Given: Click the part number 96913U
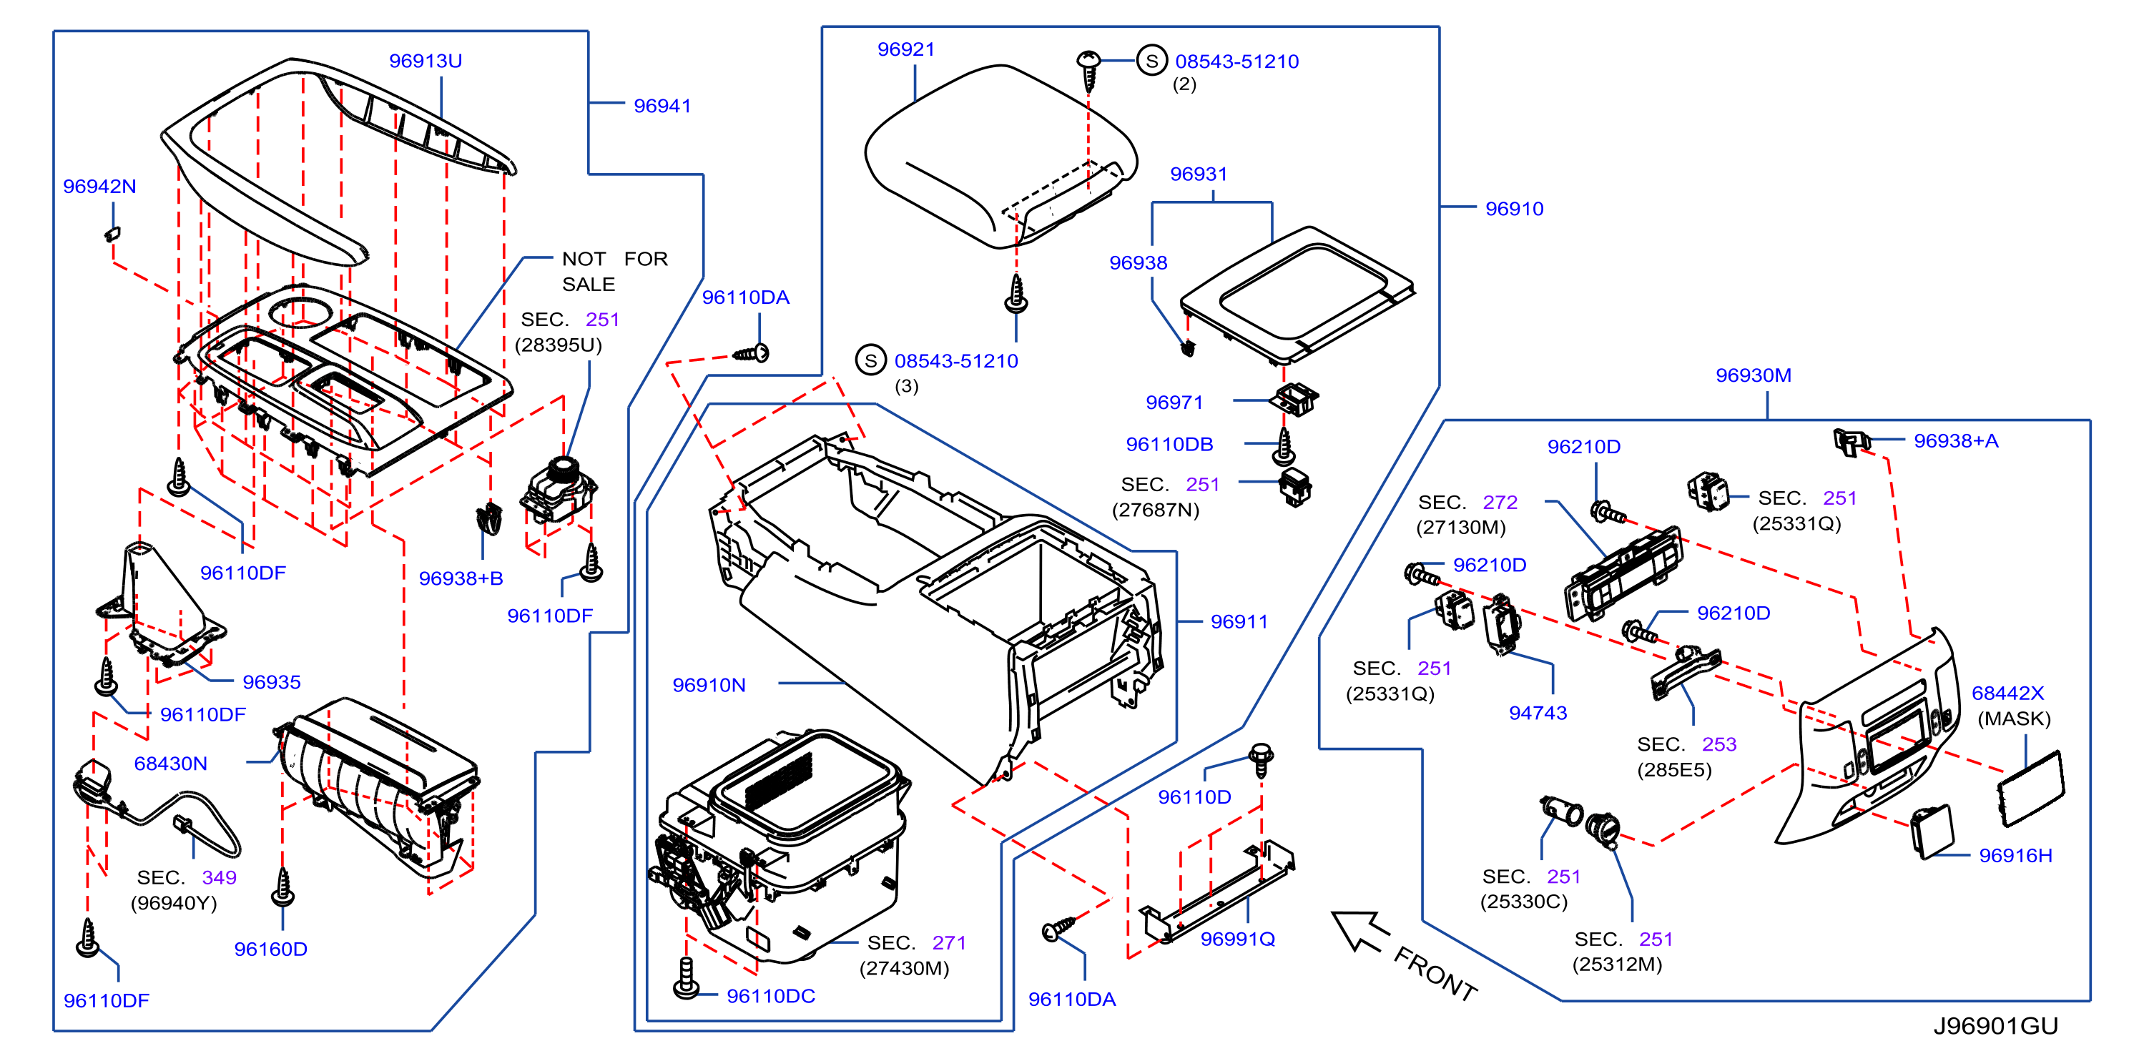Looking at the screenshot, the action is click(x=426, y=61).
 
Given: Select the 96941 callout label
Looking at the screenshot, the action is click(x=662, y=106).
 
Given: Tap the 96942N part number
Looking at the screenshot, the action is click(x=100, y=187).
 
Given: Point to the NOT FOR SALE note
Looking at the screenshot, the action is click(x=615, y=271).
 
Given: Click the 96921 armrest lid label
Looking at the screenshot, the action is click(x=906, y=49).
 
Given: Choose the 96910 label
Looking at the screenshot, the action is click(x=1515, y=209).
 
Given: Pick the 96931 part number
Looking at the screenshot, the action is click(x=1199, y=174).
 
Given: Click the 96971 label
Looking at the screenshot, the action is click(x=1174, y=403).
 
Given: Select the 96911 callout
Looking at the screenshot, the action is click(x=1239, y=621).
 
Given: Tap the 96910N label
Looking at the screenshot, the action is click(x=709, y=685).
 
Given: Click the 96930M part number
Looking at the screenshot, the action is click(x=1754, y=375).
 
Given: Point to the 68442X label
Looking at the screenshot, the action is click(x=2007, y=694).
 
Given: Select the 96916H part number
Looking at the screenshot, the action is click(x=2016, y=856).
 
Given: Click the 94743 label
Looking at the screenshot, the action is click(x=1538, y=713).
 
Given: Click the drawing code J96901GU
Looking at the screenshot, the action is click(x=1996, y=1026).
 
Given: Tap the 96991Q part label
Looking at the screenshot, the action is click(x=1238, y=939).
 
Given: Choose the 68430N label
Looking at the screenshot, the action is click(x=171, y=763).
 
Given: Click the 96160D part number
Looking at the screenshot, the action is click(x=270, y=949).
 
